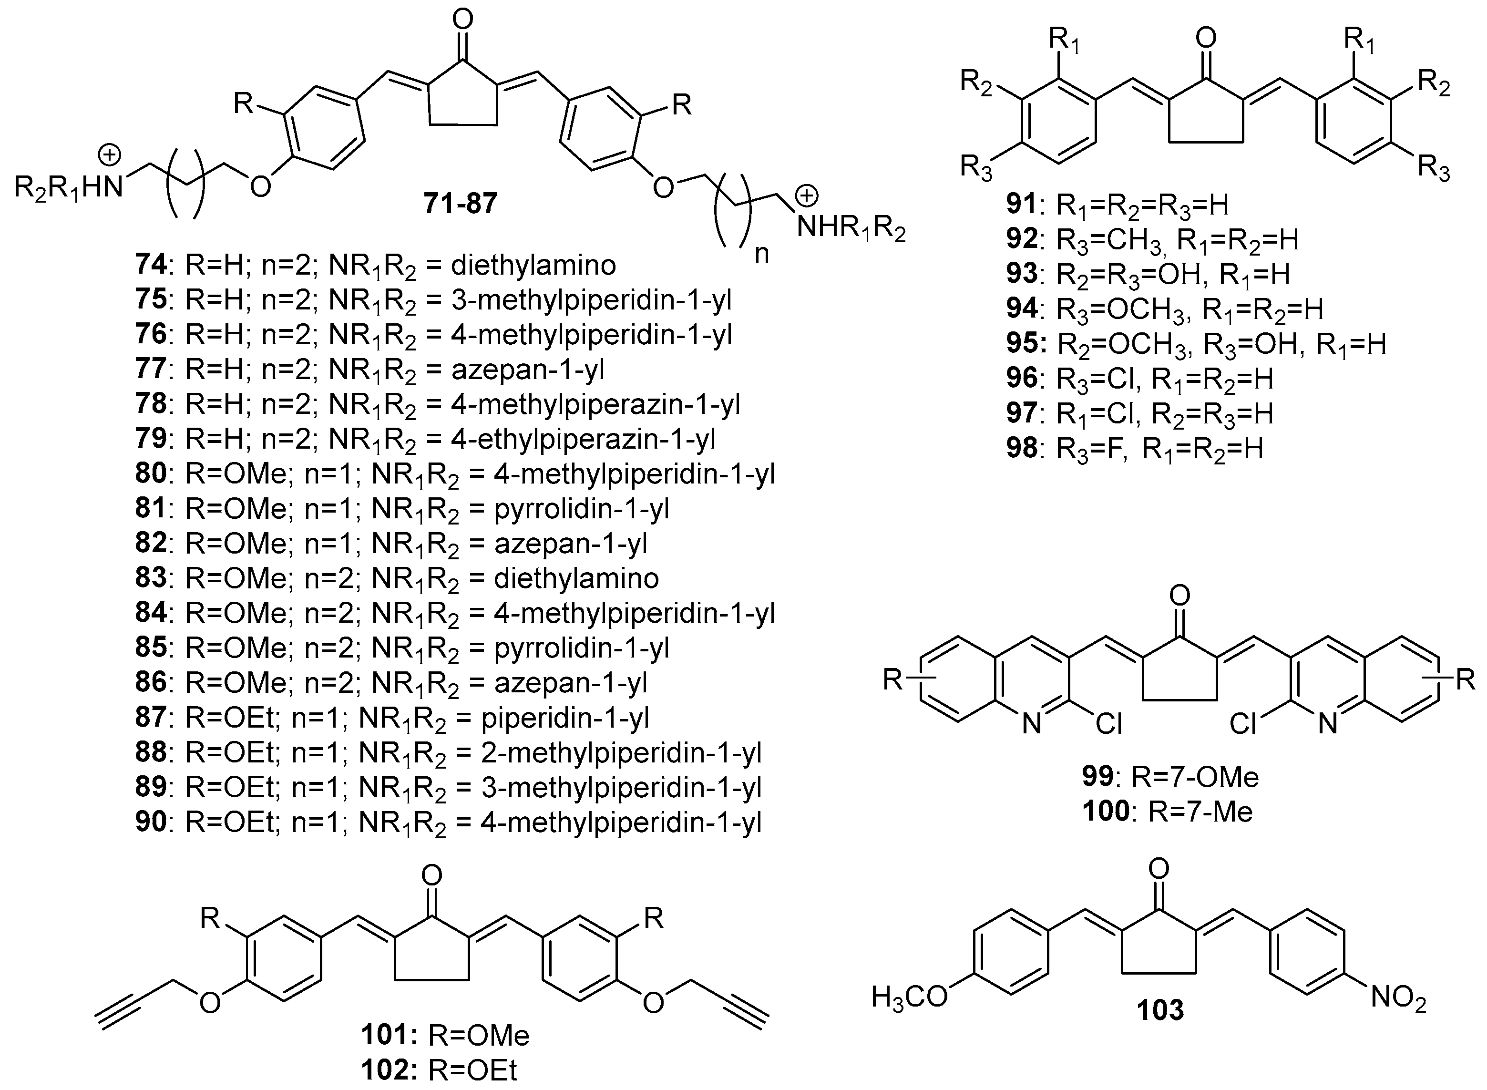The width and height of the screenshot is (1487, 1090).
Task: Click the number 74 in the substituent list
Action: tap(150, 265)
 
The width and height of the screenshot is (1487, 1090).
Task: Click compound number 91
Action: tap(1021, 205)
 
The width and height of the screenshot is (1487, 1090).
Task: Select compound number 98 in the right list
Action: tap(1021, 449)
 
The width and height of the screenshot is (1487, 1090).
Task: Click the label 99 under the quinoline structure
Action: tap(1097, 777)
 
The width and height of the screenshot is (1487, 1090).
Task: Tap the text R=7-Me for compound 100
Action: tap(1200, 812)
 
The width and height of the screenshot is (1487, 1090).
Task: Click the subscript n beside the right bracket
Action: tap(762, 253)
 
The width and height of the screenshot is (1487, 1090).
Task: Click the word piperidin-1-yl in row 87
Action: tap(565, 718)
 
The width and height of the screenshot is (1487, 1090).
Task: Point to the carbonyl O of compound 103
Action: tap(1159, 868)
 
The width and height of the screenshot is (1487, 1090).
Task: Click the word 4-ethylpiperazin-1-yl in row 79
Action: tap(583, 439)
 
